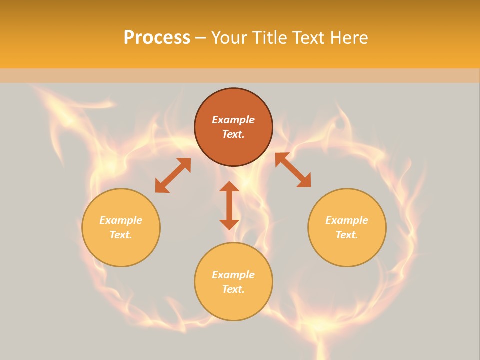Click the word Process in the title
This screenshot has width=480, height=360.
pyautogui.click(x=157, y=38)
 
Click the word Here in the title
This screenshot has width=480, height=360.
pyautogui.click(x=349, y=38)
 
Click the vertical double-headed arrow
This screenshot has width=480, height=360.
pyautogui.click(x=229, y=205)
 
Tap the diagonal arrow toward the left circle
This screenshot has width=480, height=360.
pyautogui.click(x=173, y=175)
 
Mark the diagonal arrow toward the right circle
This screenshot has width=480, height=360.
pyautogui.click(x=293, y=170)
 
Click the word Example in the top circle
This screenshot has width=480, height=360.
pyautogui.click(x=233, y=120)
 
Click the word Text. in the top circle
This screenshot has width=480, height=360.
pyautogui.click(x=233, y=134)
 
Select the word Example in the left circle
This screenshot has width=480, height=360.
pyautogui.click(x=121, y=220)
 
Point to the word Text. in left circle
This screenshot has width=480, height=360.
pyautogui.click(x=121, y=235)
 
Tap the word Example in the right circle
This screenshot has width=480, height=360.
pyautogui.click(x=347, y=220)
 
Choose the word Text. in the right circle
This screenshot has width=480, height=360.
pyautogui.click(x=347, y=235)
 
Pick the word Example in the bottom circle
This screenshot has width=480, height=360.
pyautogui.click(x=233, y=275)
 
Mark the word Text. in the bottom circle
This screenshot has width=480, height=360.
pyautogui.click(x=233, y=289)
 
